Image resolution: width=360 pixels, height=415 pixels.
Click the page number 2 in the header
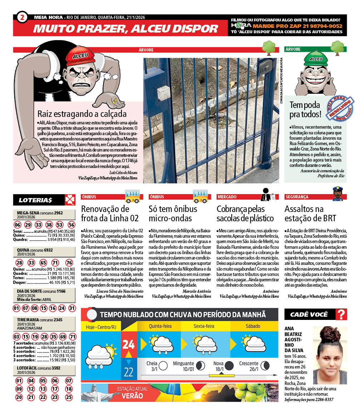pos(22,18)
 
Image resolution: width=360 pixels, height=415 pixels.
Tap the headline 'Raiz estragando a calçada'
pos(82,114)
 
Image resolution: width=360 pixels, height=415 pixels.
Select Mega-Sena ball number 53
pos(59,225)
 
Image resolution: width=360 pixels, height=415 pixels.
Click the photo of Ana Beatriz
pos(330,355)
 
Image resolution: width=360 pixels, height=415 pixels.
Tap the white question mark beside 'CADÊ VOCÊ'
pos(342,315)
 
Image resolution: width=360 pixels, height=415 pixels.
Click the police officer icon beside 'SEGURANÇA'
pos(337,194)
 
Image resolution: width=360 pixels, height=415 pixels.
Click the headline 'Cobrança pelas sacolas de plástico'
pos(245,213)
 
